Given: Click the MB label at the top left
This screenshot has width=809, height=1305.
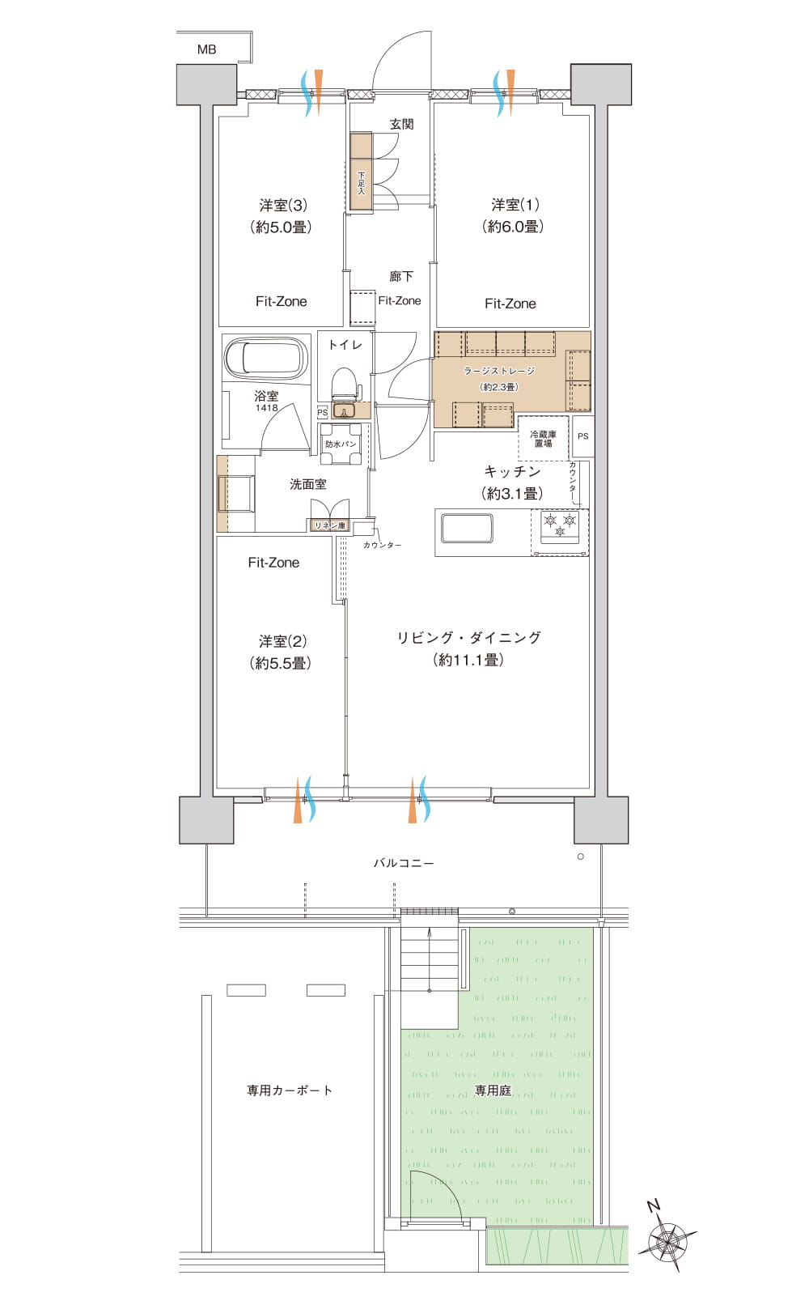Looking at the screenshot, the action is [x=206, y=49].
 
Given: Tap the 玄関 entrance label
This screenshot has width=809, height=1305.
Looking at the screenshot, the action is [x=401, y=124].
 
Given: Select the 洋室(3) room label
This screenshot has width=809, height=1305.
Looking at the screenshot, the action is [x=283, y=205].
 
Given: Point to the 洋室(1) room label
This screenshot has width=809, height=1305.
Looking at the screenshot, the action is [x=515, y=205].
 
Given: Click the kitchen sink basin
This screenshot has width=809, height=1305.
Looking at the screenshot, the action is [x=467, y=528].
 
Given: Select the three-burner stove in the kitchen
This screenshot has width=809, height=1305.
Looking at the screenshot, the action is [x=560, y=527].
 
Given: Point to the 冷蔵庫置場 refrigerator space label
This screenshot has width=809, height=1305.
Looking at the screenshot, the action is [x=543, y=439].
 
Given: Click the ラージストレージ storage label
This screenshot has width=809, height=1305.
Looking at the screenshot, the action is [x=499, y=371].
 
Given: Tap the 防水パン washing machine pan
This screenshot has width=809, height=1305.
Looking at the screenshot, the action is [x=341, y=444].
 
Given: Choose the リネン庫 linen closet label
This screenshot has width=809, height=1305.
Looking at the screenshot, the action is [x=330, y=525].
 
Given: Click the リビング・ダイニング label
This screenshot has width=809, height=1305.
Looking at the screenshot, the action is [x=469, y=637].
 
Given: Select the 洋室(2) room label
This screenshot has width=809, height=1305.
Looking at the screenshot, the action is [x=282, y=641].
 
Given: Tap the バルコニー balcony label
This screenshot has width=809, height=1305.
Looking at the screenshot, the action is [x=404, y=863].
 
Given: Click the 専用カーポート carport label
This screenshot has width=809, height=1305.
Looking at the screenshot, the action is [x=290, y=1090].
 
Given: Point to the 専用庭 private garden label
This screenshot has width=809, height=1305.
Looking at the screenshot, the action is [x=493, y=1090].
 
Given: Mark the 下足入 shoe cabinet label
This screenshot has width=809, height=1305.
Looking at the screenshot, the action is [x=361, y=183].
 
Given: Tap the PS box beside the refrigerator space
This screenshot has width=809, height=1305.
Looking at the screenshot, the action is [x=583, y=436].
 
